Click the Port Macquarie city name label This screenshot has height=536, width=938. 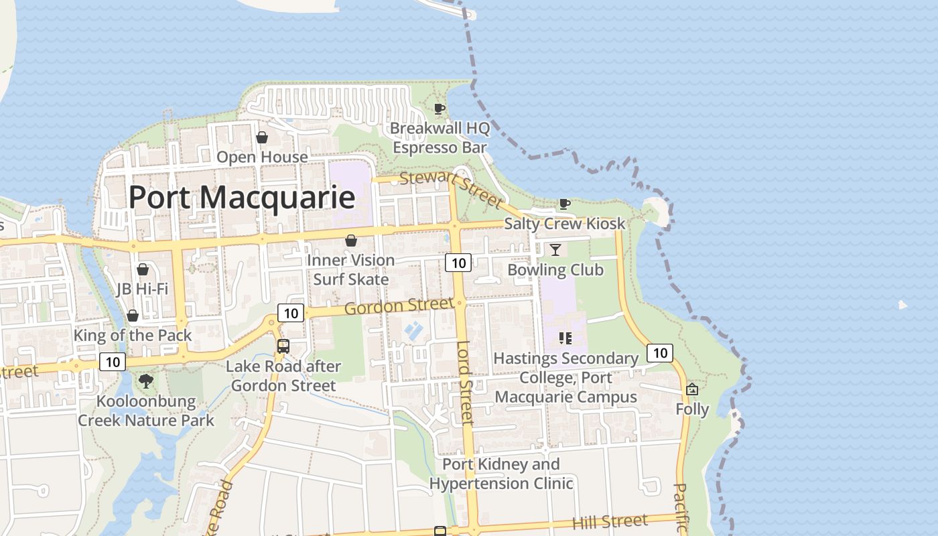click(x=241, y=197)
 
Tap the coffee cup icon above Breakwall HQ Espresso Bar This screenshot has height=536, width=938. click(x=440, y=109)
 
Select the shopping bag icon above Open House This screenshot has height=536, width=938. click(x=262, y=137)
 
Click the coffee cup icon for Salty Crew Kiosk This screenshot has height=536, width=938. click(x=565, y=204)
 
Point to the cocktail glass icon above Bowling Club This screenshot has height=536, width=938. click(x=555, y=250)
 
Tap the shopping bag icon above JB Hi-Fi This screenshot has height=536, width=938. click(x=142, y=270)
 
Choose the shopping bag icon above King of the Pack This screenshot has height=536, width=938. click(x=133, y=316)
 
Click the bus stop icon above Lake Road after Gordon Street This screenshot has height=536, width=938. click(x=283, y=346)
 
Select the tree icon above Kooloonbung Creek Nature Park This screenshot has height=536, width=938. click(x=145, y=382)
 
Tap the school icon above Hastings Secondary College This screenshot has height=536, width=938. click(x=565, y=338)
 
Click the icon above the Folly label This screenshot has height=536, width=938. click(x=692, y=389)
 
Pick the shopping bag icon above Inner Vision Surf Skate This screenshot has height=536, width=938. click(x=350, y=241)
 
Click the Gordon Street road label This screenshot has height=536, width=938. click(x=399, y=307)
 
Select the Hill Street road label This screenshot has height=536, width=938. click(x=610, y=522)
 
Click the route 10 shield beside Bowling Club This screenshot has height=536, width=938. click(x=459, y=263)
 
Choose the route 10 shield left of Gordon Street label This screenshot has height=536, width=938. click(x=291, y=313)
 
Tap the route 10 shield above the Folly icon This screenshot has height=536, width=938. click(x=660, y=352)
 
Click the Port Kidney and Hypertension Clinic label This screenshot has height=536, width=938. click(x=501, y=474)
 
